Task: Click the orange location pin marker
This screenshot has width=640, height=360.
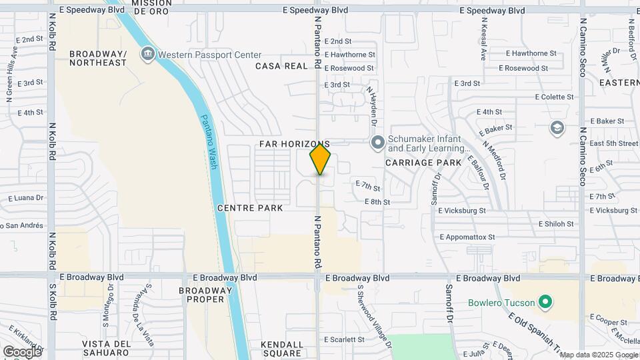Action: [320, 160]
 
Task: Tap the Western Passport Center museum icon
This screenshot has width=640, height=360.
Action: [147, 53]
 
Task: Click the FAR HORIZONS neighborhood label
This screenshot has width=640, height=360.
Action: [294, 144]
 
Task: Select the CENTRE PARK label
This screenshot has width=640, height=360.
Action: [250, 208]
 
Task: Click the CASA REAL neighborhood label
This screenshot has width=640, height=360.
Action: [281, 66]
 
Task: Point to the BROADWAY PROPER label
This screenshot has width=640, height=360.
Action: [206, 295]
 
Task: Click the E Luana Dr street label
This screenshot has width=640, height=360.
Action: [25, 198]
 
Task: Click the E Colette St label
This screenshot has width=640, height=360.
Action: [553, 97]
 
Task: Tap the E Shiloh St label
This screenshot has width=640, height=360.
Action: [557, 224]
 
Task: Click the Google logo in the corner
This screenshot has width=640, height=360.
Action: [22, 351]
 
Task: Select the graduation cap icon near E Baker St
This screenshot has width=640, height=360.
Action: [557, 127]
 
